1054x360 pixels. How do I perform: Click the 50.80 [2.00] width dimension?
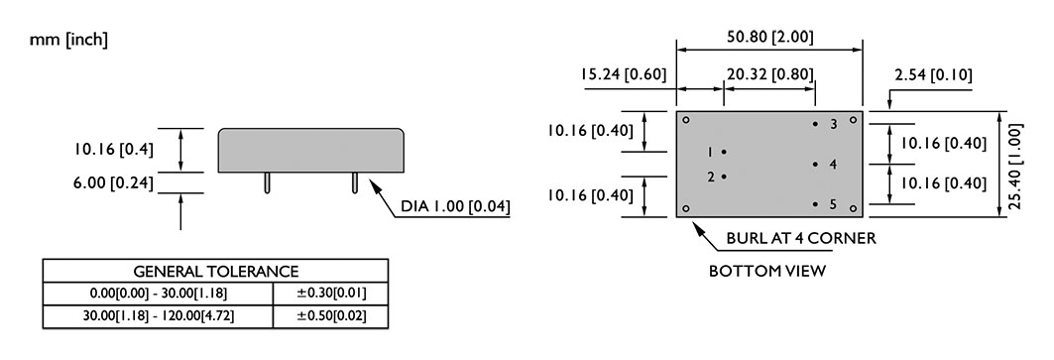point(769,37)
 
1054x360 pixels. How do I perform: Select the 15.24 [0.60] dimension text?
point(624,74)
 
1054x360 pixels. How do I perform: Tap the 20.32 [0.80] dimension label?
point(769,74)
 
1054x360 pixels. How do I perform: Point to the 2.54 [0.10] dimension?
point(933,75)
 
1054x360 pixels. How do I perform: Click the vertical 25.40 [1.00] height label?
point(1015,166)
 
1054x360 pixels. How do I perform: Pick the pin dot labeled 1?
point(724,152)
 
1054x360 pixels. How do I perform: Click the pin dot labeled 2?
point(724,177)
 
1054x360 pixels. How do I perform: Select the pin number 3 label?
point(834,125)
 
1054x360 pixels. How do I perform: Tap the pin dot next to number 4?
point(815,165)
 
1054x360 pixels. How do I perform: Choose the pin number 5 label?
point(833,204)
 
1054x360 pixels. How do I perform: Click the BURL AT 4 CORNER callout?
point(801,238)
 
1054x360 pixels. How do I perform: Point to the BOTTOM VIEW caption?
point(767,271)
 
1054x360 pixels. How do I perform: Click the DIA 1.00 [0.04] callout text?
point(455,206)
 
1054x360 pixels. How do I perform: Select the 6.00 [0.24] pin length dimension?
point(113,183)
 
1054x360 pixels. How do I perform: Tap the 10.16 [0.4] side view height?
point(114,150)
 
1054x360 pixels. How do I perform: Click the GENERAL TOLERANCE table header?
point(216,272)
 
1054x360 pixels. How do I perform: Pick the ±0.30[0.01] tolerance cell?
point(332,294)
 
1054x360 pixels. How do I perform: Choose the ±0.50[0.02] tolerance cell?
point(332,315)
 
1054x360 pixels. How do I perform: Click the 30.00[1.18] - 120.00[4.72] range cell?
point(159,315)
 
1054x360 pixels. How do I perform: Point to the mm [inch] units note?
point(68,40)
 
